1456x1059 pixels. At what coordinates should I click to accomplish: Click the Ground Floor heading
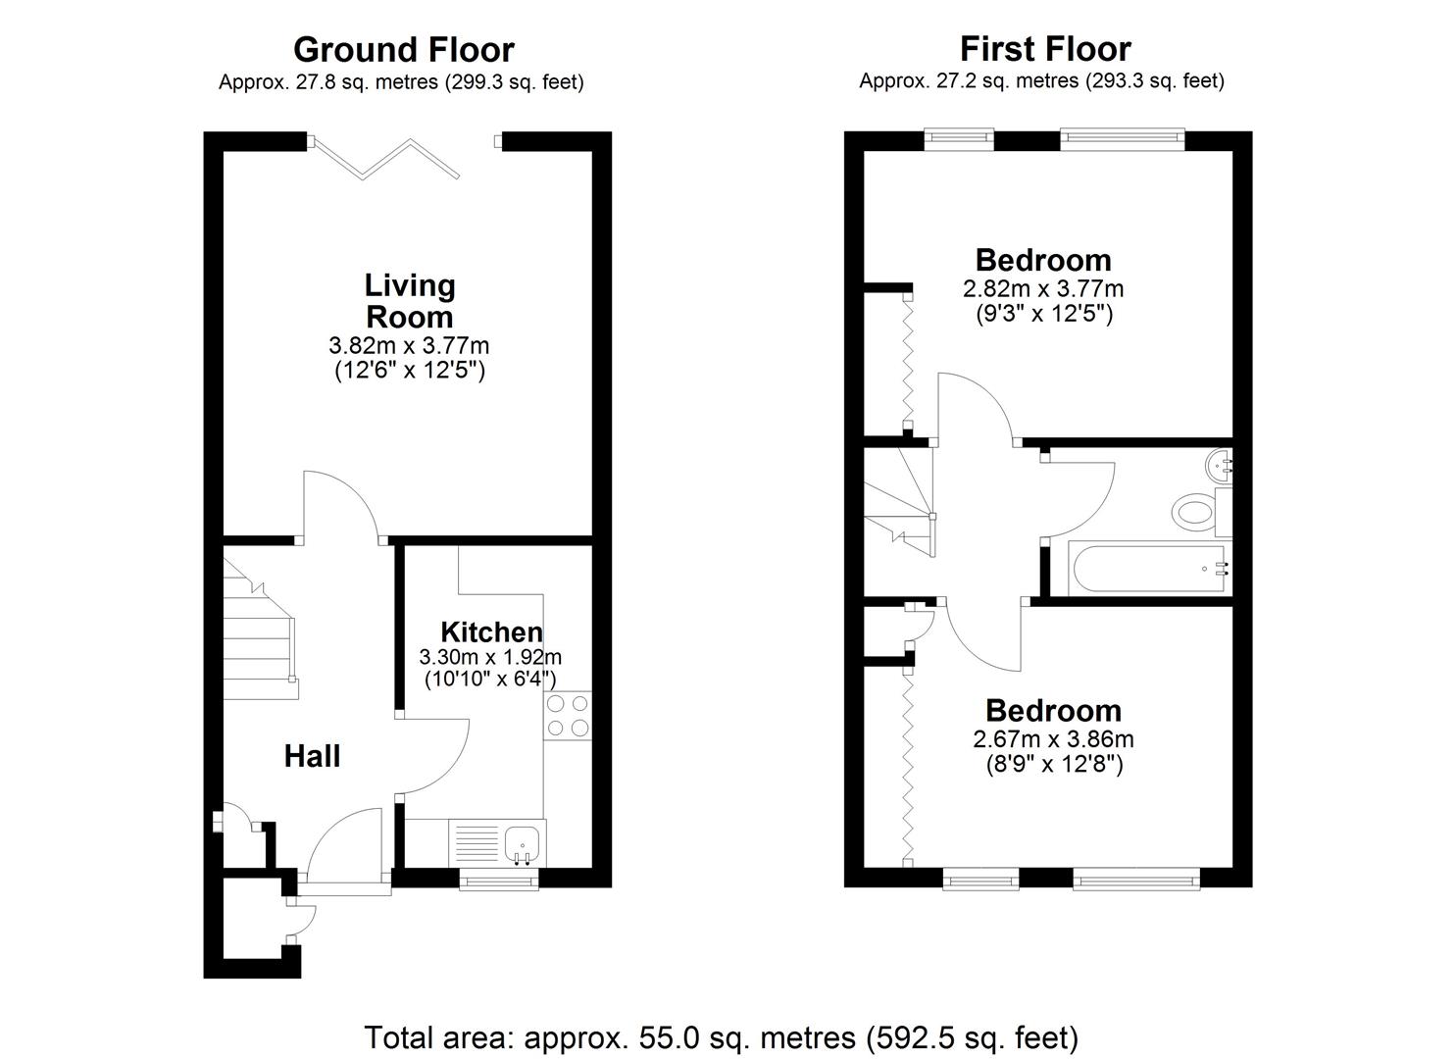403,49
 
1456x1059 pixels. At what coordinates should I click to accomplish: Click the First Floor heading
1045,48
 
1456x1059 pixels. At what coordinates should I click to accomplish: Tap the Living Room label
409,301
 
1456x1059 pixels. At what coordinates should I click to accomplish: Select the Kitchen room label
491,632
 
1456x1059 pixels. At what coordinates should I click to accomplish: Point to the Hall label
313,756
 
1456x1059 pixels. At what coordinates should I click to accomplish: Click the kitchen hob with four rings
568,715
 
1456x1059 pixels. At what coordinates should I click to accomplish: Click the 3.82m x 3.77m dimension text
409,345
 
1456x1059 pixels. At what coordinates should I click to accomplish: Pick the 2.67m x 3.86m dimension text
1054,739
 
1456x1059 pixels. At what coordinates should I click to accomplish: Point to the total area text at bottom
722,1036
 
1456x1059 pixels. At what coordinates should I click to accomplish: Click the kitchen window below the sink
499,882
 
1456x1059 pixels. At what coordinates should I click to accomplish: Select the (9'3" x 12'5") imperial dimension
1043,314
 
